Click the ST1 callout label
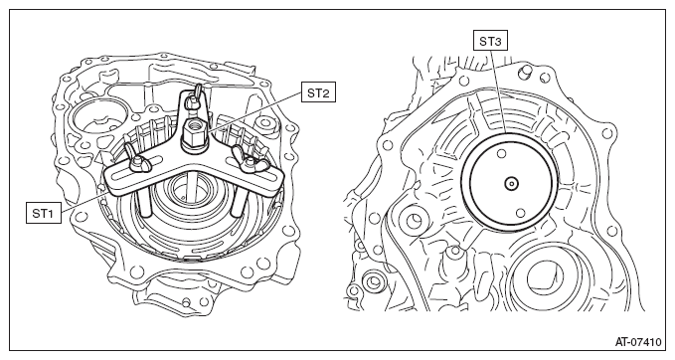point(43,212)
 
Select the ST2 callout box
point(318,92)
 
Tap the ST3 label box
point(490,42)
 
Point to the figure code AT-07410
point(637,342)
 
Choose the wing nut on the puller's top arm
point(193,98)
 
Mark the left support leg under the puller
point(143,202)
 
